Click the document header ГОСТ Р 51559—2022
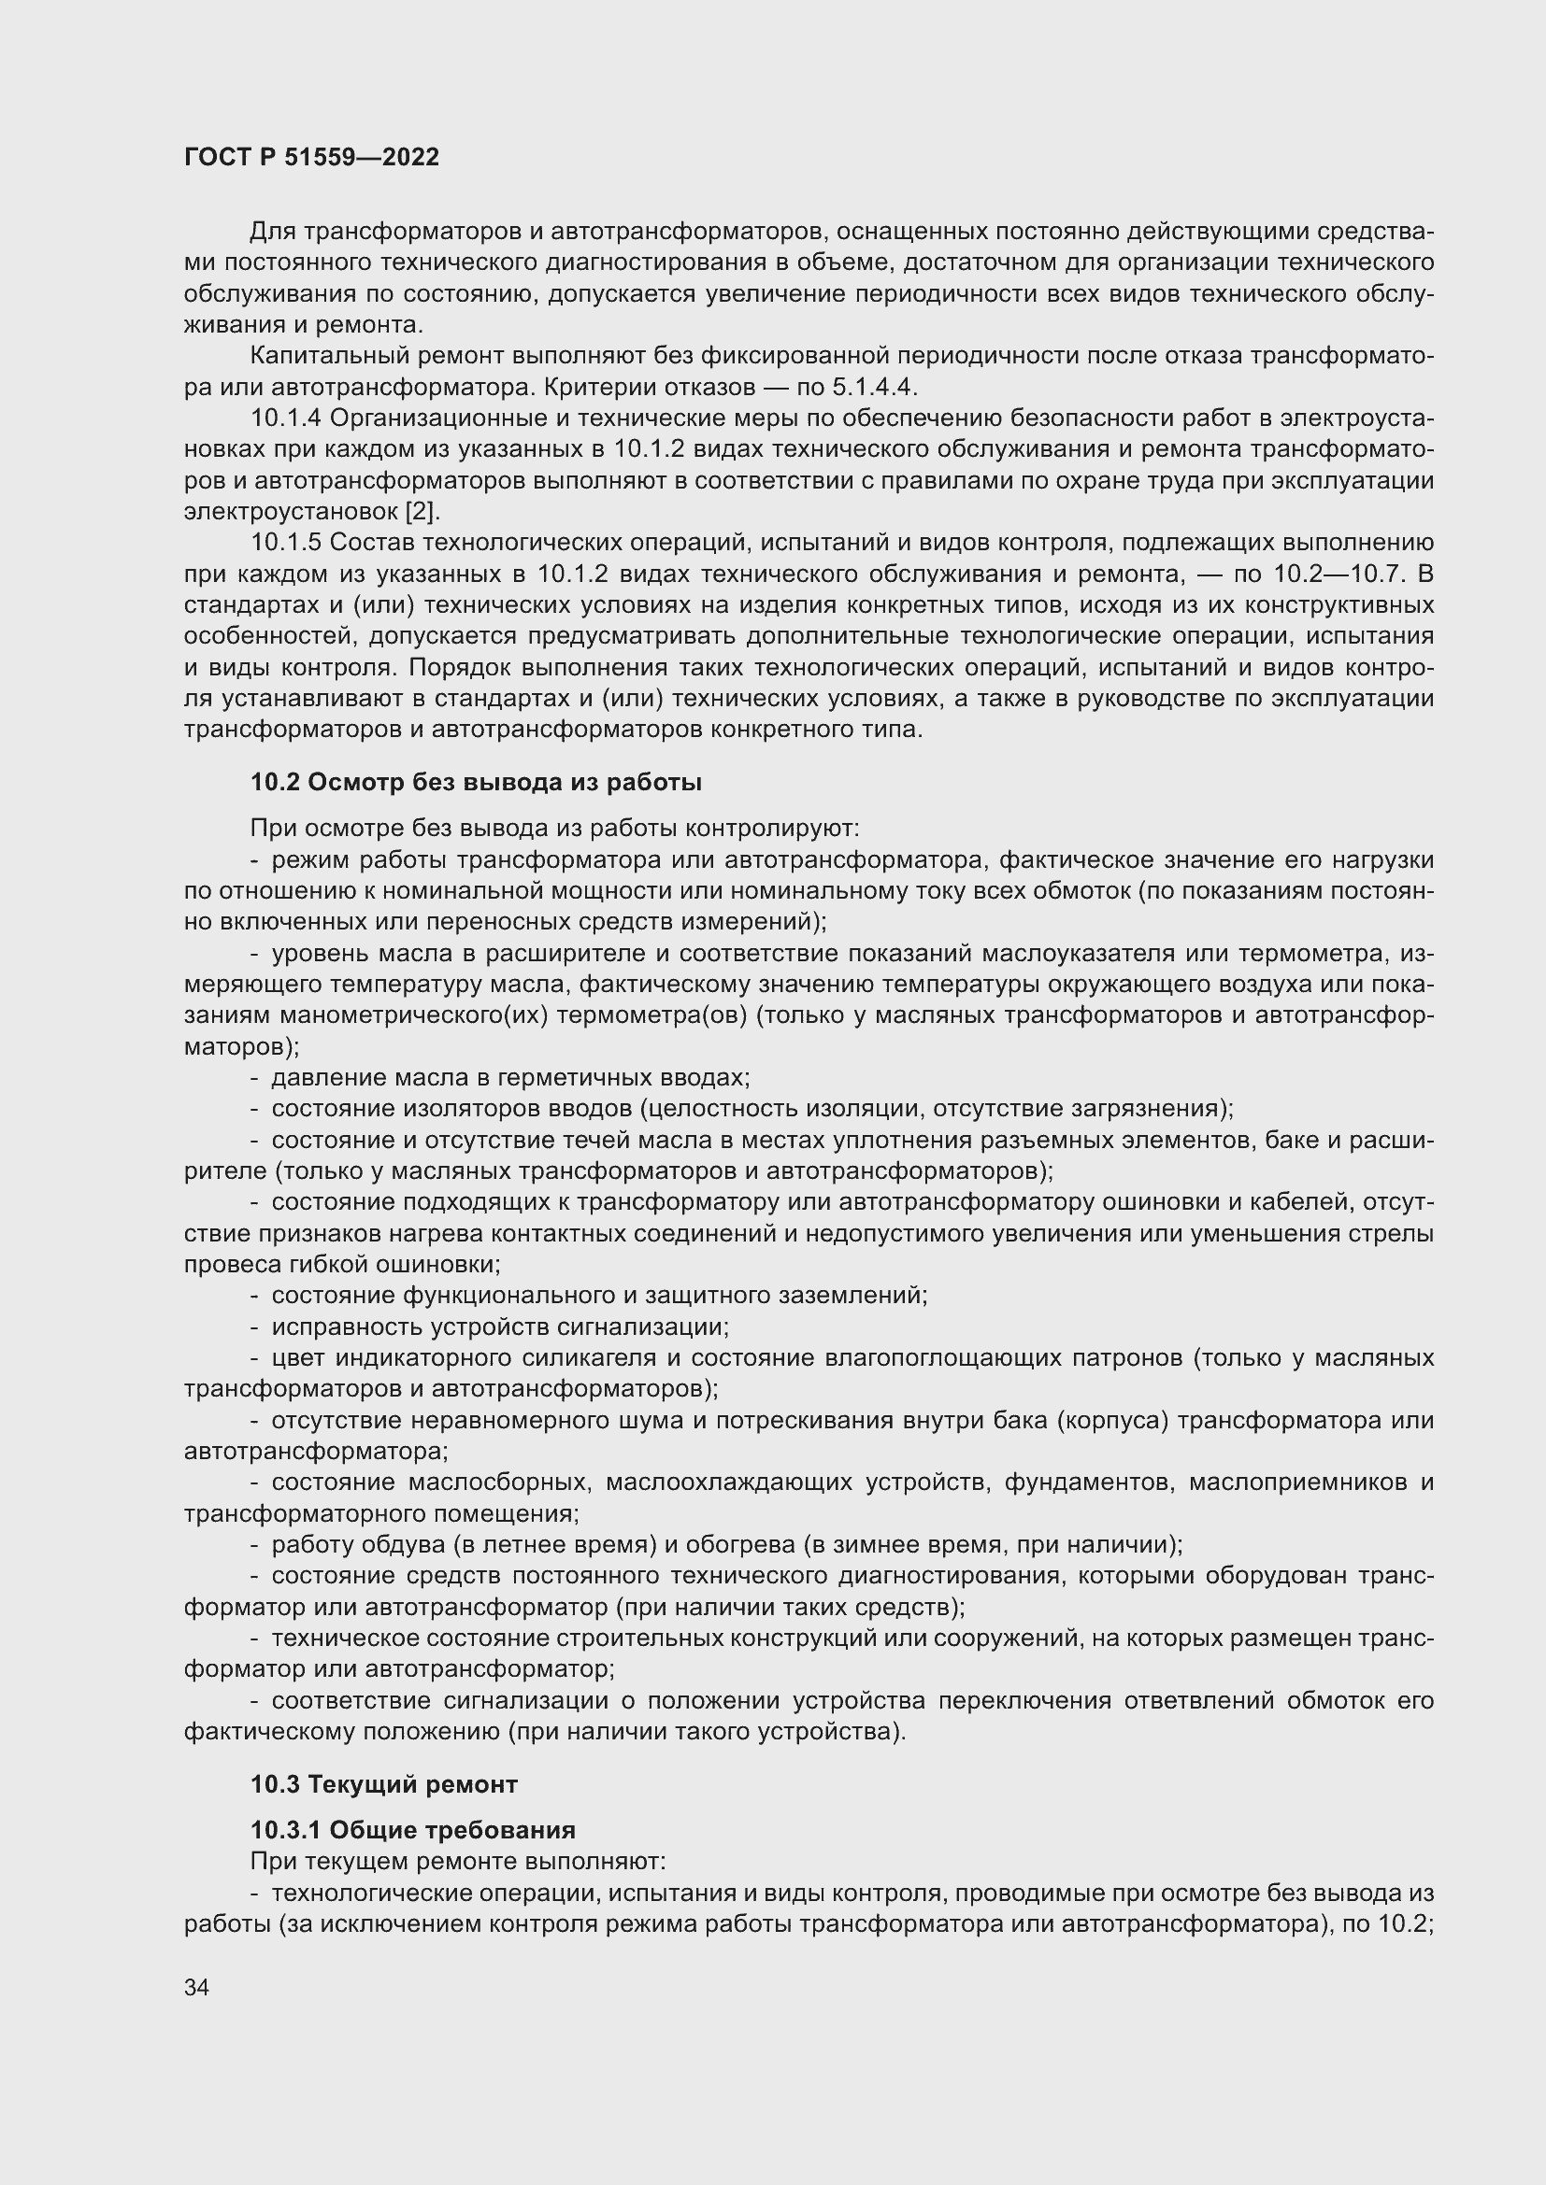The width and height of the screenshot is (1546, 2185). (311, 158)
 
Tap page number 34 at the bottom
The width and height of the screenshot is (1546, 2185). (196, 1987)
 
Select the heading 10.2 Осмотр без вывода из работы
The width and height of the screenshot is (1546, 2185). (476, 782)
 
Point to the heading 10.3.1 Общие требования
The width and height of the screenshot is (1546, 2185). (412, 1829)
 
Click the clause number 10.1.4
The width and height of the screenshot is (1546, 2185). (287, 418)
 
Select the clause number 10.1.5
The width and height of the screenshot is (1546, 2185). (287, 543)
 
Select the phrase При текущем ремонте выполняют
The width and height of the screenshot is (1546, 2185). (457, 1861)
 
